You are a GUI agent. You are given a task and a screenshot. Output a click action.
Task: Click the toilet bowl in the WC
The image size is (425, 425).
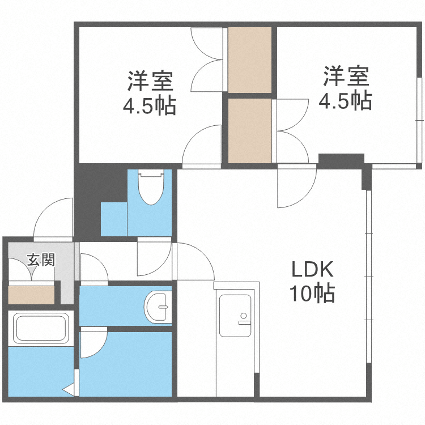point(151,190)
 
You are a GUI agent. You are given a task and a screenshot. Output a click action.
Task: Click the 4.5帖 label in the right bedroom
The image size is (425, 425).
point(345,101)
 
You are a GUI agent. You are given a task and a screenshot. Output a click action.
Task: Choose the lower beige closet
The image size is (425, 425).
point(250,131)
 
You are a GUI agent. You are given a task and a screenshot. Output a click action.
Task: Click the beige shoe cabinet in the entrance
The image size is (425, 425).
point(31,295)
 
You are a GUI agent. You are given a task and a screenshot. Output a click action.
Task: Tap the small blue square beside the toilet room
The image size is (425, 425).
point(113,218)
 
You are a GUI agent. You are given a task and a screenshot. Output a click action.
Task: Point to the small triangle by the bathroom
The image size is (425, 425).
point(69,390)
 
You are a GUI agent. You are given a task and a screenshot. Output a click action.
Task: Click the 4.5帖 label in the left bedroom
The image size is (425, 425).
point(150,106)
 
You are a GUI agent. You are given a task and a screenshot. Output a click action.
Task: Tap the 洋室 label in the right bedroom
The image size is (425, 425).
point(346,77)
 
